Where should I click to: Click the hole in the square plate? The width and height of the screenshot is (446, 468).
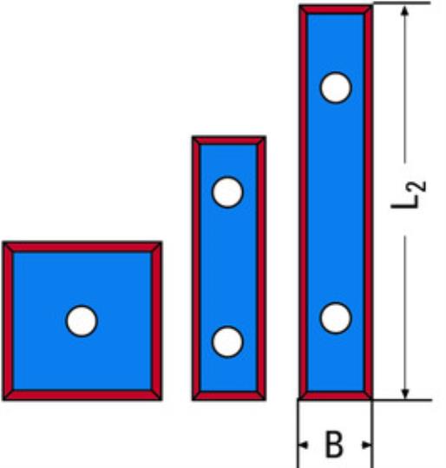pos(82,321)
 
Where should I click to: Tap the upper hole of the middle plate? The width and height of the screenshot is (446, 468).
pos(227,192)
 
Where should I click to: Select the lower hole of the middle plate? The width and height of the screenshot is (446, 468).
pos(227,341)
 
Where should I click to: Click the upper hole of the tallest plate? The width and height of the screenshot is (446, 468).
pos(336,88)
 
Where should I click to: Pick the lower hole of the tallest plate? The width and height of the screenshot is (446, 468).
pos(336,318)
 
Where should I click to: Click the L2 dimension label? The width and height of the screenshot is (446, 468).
pos(409,195)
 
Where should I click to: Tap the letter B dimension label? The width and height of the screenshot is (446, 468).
pos(334,445)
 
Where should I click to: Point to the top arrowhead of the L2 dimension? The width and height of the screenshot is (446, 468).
pos(404,10)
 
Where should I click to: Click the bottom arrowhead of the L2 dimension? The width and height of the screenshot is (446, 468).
pos(404,393)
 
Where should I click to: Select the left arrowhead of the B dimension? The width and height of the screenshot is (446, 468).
pos(303,445)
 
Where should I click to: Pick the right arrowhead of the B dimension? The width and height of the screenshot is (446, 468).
pos(366,445)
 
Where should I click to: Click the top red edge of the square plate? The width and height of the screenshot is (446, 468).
pos(82,247)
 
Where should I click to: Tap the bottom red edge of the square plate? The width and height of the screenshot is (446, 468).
pos(82,395)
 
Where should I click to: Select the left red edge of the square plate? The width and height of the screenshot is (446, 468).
pos(8,321)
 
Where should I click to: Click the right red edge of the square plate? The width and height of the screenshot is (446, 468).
pos(156,321)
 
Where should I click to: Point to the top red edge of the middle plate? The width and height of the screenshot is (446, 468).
pos(229,140)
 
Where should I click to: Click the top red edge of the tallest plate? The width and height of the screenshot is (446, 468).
pos(336,10)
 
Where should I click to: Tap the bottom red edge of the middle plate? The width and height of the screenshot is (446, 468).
pos(229,396)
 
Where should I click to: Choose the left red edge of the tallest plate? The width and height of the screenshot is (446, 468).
pos(304,202)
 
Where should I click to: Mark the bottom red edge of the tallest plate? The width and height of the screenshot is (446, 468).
pos(336,396)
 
